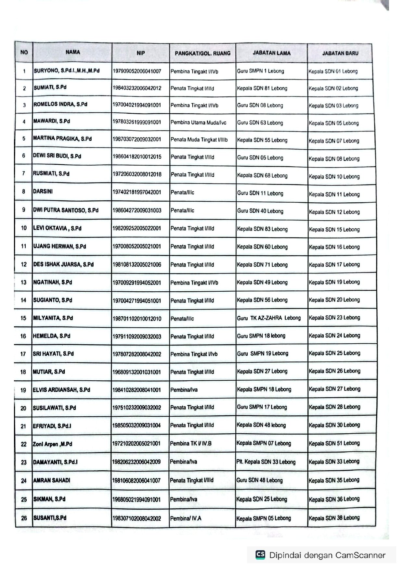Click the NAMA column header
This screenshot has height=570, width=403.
pyautogui.click(x=72, y=52)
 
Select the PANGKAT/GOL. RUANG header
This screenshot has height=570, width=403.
pyautogui.click(x=202, y=53)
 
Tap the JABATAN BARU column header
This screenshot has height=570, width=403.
pyautogui.click(x=340, y=53)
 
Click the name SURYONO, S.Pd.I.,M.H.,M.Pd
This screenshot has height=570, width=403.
pyautogui.click(x=66, y=71)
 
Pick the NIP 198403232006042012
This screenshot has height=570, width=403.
pyautogui.click(x=137, y=88)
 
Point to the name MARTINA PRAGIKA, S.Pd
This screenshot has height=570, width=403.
pyautogui.click(x=62, y=139)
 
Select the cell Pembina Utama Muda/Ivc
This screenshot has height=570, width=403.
pyautogui.click(x=198, y=123)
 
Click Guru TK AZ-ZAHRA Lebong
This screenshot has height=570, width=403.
pyautogui.click(x=269, y=318)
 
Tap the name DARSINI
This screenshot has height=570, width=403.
pyautogui.click(x=43, y=192)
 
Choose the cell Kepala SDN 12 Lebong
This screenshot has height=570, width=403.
pyautogui.click(x=334, y=212)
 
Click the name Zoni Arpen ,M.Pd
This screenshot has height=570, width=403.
pyautogui.click(x=52, y=444)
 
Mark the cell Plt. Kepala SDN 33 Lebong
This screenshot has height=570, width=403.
pyautogui.click(x=266, y=462)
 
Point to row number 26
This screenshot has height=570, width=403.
pyautogui.click(x=24, y=518)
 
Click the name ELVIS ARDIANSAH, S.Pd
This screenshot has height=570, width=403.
pyautogui.click(x=61, y=390)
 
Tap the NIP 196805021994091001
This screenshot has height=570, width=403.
pyautogui.click(x=136, y=500)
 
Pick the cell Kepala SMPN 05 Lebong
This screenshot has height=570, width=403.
pyautogui.click(x=264, y=519)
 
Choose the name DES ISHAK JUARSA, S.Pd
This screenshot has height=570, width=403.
pyautogui.click(x=63, y=264)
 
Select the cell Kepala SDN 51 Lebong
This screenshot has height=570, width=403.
pyautogui.click(x=334, y=443)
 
